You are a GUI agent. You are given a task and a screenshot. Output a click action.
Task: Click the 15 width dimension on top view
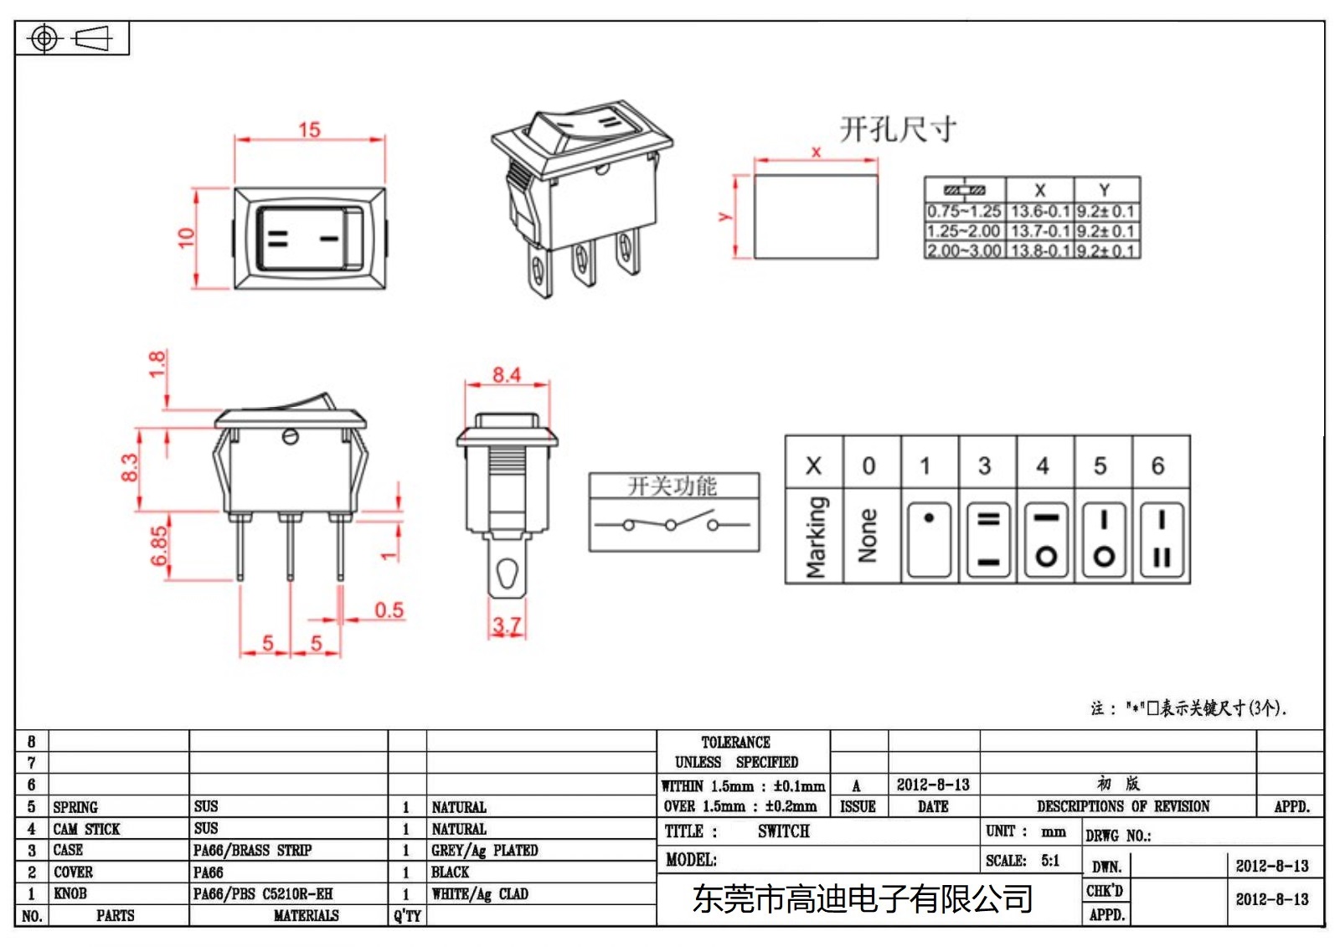pos(309,130)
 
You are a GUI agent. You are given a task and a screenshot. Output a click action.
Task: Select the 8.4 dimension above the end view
pos(506,374)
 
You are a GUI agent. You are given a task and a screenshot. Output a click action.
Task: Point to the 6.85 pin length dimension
pos(159,546)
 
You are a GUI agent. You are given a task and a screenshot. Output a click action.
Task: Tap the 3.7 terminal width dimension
pos(507,625)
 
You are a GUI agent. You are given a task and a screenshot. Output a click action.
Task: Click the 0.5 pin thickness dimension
pos(389,610)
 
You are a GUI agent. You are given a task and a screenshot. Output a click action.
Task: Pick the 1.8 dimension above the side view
pos(157,364)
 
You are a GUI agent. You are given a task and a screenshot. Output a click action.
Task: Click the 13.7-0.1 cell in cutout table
pos(1039,231)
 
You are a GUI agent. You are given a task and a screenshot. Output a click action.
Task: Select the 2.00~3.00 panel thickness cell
pos(964,250)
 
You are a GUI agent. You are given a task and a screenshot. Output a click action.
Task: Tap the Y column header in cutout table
pos(1105,190)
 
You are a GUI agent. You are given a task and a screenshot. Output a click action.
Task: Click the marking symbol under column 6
pos(1161,539)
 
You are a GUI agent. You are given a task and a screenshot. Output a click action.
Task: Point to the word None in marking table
pos(868,536)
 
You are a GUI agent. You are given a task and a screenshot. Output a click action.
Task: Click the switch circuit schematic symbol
pos(673,525)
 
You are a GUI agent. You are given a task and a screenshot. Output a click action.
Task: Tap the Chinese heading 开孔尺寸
pos(897,130)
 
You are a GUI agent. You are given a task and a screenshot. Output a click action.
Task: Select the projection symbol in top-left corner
pos(70,39)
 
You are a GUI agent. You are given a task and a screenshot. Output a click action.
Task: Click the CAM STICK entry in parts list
pos(86,829)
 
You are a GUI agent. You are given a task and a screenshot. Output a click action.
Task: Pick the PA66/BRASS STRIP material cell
pos(252,851)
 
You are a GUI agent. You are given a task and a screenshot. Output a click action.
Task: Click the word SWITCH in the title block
pos(783,831)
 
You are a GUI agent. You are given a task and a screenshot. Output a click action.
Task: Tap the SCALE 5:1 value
pos(1049,861)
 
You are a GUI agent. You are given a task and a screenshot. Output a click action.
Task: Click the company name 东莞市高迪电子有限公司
pos(862,900)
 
